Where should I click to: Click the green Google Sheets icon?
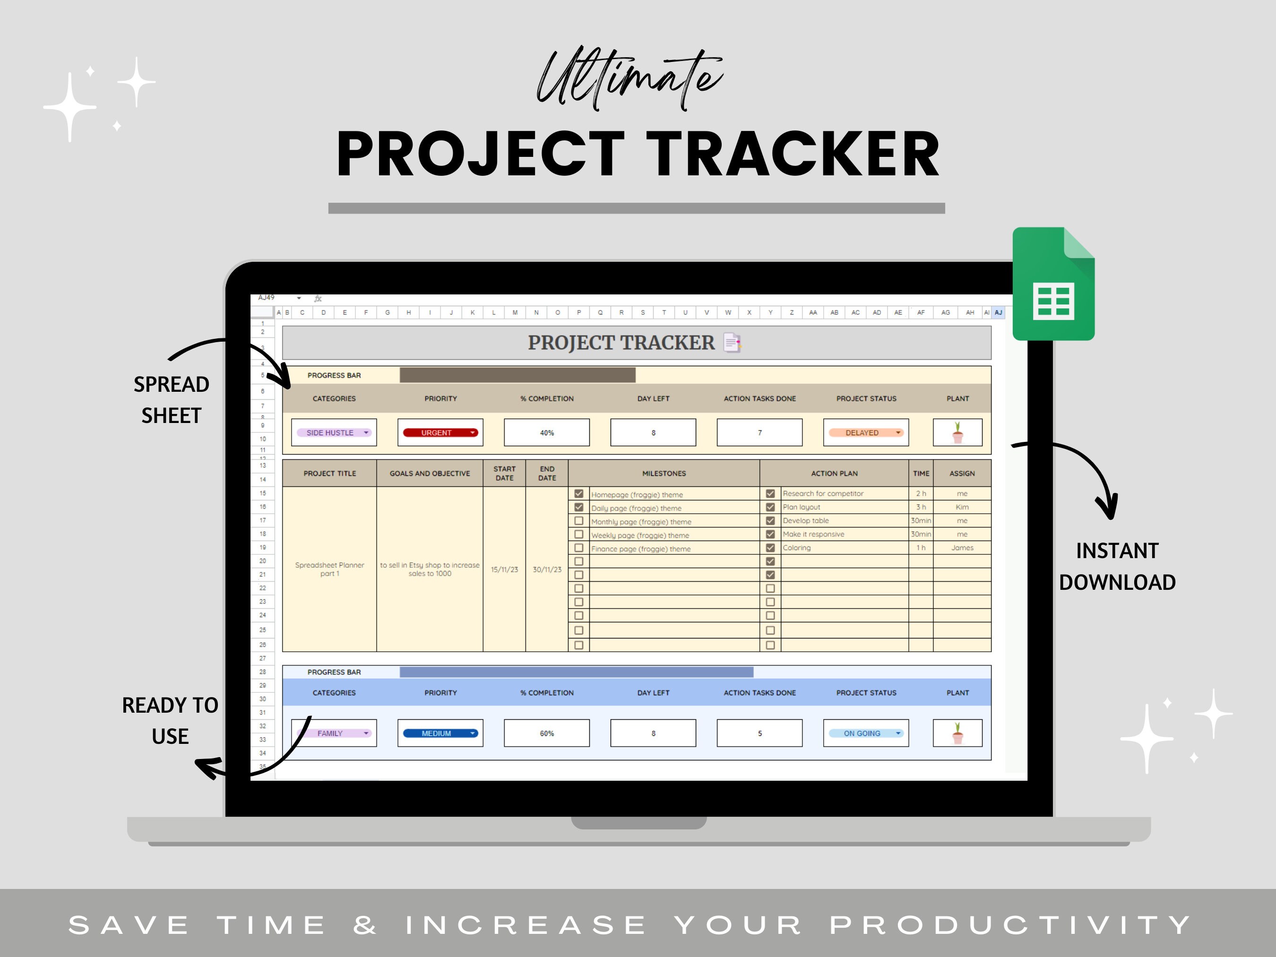coord(1053,284)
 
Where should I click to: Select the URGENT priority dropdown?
coord(440,432)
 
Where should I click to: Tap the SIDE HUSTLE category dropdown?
coord(334,432)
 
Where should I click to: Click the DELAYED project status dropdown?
coord(865,432)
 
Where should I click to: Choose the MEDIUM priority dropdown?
coord(440,733)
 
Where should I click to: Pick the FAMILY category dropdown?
coord(334,733)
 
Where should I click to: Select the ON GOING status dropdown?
coord(865,733)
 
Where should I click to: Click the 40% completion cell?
coord(546,432)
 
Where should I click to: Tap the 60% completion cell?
coord(546,733)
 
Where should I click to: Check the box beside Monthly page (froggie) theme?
coord(578,521)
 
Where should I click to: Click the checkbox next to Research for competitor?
coord(770,494)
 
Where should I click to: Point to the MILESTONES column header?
coord(664,474)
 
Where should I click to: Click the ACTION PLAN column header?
coord(834,474)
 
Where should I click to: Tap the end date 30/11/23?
coord(546,569)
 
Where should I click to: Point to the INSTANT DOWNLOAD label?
coord(1117,567)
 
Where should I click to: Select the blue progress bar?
coord(576,672)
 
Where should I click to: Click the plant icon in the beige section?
coord(957,432)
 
